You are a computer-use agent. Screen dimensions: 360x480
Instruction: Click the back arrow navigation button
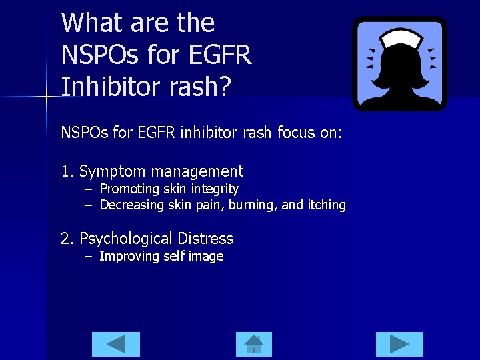pos(116,344)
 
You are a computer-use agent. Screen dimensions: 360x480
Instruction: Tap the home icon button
pos(254,344)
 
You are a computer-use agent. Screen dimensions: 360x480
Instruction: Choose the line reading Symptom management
pos(161,171)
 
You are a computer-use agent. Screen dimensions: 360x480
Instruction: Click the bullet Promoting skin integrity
pos(169,189)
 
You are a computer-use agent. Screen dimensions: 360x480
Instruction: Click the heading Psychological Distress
pos(156,239)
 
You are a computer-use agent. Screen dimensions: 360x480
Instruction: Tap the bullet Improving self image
pos(161,257)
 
